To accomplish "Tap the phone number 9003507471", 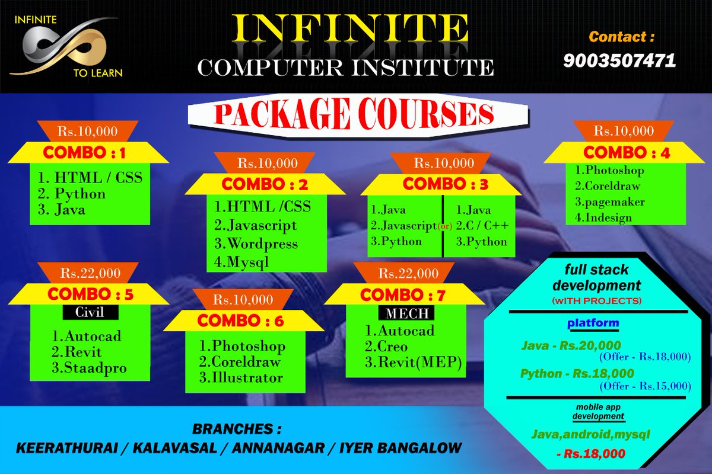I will point(620,60).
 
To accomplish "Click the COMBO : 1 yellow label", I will point(87,153).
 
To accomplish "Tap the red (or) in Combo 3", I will point(443,226).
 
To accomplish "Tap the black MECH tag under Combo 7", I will point(406,312).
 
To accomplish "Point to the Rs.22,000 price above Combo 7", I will point(409,274).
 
